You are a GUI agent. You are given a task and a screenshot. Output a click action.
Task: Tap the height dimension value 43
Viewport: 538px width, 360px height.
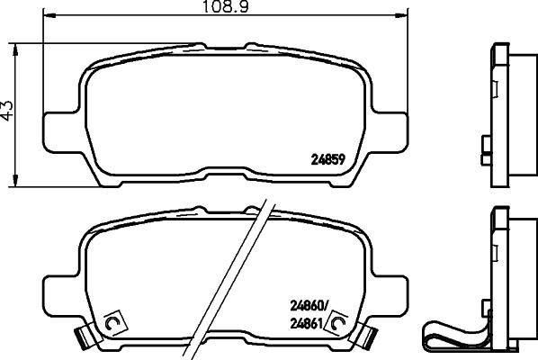click(x=7, y=111)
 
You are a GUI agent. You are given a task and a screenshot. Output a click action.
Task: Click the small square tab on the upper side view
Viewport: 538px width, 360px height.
click(x=486, y=144)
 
